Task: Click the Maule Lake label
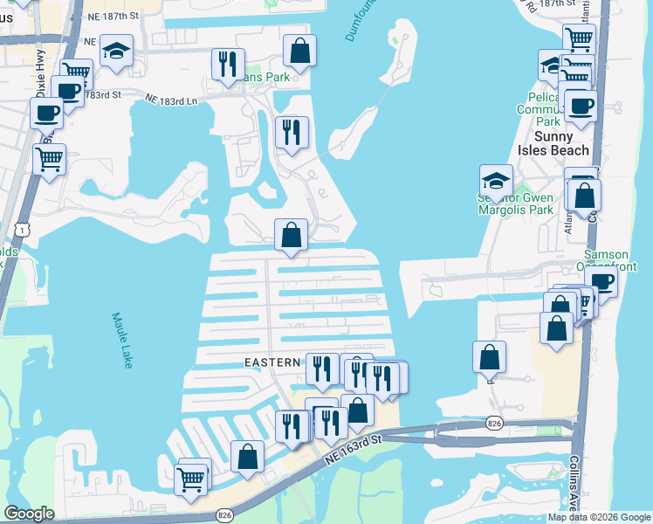tap(120, 340)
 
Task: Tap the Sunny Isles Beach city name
tap(553, 143)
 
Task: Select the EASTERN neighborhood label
tap(272, 362)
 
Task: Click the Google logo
tap(30, 514)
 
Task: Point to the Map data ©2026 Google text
tap(599, 517)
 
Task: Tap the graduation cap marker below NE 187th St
tap(116, 52)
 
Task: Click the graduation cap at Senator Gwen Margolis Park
tap(496, 182)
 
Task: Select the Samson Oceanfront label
tap(612, 260)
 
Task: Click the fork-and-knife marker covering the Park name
tap(225, 64)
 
